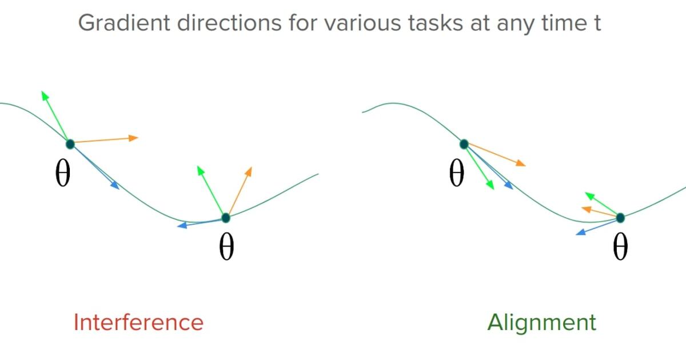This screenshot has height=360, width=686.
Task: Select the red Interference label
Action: (x=138, y=322)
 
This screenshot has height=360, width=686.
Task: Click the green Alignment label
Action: (x=541, y=322)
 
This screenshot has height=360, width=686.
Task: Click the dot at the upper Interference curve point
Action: (x=70, y=143)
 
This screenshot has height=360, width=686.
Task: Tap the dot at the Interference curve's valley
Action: (x=225, y=218)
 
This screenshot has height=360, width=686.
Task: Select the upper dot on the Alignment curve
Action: (x=464, y=144)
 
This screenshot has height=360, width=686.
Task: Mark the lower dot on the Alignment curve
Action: (x=620, y=218)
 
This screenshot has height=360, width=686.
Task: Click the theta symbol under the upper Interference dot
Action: (x=63, y=174)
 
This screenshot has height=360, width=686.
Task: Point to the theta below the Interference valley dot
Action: (x=226, y=247)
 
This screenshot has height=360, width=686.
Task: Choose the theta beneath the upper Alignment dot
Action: (x=456, y=174)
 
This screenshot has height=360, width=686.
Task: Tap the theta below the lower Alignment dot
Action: (x=620, y=247)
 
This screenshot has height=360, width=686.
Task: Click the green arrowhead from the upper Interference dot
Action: (x=44, y=94)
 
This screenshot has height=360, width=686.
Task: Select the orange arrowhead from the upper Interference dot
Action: (x=134, y=137)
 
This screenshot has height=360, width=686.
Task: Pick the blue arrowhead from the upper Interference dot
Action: (x=115, y=185)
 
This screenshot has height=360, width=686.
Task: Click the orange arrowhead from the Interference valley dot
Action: (x=249, y=170)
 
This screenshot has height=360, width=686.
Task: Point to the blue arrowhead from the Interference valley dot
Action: (x=181, y=226)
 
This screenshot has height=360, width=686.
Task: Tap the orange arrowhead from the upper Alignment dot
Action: (x=521, y=164)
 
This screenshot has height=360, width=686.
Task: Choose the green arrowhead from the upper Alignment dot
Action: (x=490, y=186)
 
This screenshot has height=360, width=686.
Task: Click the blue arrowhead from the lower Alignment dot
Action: (x=580, y=233)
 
